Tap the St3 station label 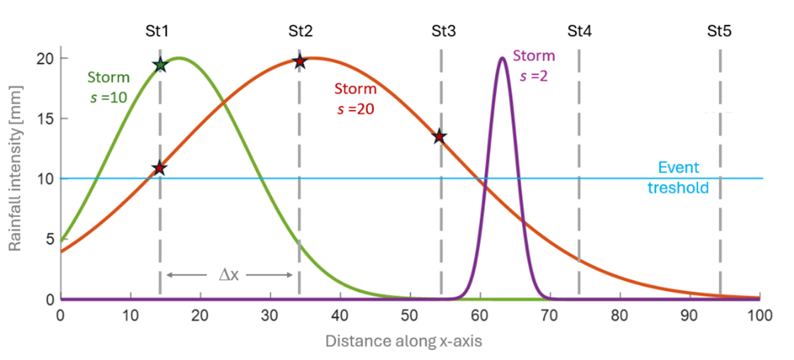[x=443, y=31]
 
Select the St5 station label [x=720, y=31]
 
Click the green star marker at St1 [x=160, y=65]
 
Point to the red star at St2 [x=300, y=62]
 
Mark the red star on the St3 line [x=440, y=136]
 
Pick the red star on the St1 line [x=160, y=168]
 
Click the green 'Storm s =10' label [x=108, y=87]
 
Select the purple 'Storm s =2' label [x=533, y=65]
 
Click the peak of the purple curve [x=502, y=58]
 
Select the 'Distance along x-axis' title [x=404, y=342]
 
